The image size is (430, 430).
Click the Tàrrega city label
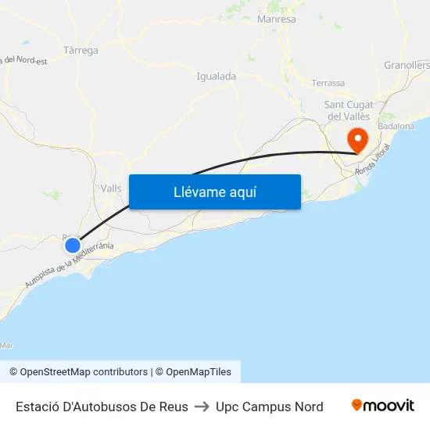(81, 51)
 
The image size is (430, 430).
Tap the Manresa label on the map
(276, 19)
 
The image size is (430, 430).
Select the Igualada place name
(217, 77)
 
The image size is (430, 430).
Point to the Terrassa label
(328, 83)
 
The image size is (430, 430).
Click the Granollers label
(407, 66)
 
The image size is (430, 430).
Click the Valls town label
(111, 188)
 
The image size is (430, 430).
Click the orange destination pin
(358, 141)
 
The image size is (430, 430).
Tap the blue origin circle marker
(73, 245)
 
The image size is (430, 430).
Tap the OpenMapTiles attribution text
(199, 372)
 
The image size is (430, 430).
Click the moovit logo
(382, 406)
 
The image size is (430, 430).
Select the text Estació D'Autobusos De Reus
(102, 407)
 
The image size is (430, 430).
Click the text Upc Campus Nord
(270, 407)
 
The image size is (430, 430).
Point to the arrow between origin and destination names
(202, 407)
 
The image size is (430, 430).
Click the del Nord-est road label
(25, 59)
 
